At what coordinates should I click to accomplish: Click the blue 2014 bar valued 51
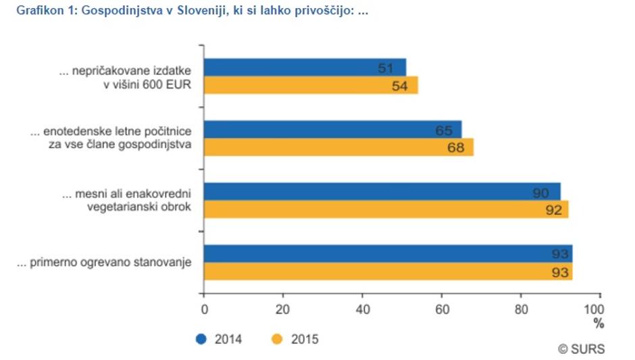click(305, 68)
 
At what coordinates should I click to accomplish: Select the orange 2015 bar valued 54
click(311, 85)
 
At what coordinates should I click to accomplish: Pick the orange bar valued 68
click(338, 147)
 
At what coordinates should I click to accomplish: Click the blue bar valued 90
click(382, 192)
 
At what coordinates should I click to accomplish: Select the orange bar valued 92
click(386, 209)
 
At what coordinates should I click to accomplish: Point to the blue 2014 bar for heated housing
click(388, 254)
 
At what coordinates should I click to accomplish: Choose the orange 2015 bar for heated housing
click(388, 272)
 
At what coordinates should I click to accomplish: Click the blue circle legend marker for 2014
click(201, 339)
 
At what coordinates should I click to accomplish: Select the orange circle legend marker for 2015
click(276, 339)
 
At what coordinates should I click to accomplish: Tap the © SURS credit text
click(581, 349)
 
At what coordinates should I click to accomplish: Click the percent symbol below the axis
click(599, 324)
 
